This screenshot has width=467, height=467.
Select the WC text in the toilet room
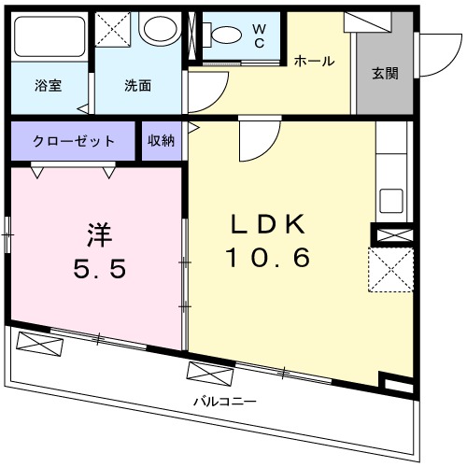pyautogui.click(x=259, y=36)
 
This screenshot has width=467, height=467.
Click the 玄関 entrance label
pyautogui.click(x=384, y=73)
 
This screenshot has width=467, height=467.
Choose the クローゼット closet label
pyautogui.click(x=74, y=141)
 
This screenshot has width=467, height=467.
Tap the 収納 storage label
pyautogui.click(x=161, y=141)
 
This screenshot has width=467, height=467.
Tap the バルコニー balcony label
pyautogui.click(x=225, y=402)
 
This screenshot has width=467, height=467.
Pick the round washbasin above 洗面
pyautogui.click(x=159, y=31)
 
